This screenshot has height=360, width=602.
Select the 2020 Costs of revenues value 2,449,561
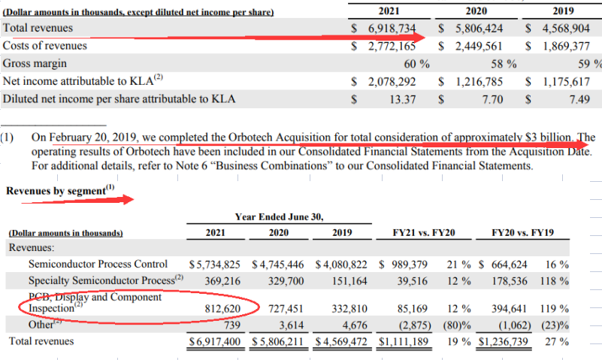point(476,46)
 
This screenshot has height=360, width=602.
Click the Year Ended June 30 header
point(280,216)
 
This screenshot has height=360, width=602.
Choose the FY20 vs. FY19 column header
point(523,233)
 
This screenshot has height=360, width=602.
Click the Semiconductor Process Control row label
point(98,264)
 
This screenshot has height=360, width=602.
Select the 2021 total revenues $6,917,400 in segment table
point(215,341)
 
